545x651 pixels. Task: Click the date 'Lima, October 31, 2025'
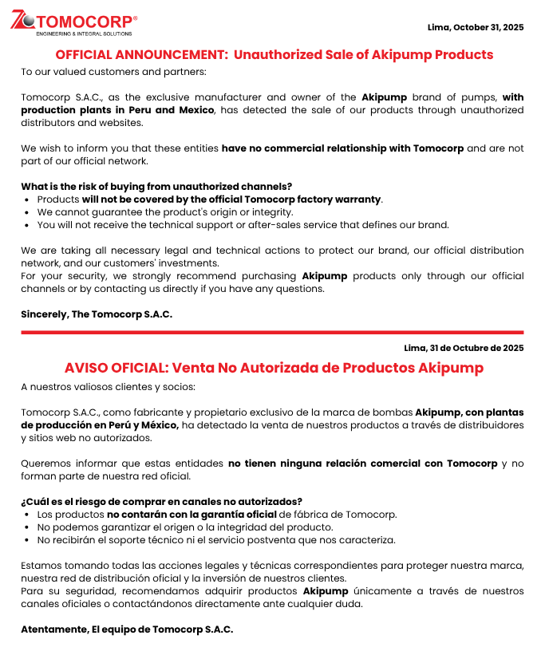point(476,27)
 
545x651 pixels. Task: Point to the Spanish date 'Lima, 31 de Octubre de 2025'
point(464,348)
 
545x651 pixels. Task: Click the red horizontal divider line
point(272,332)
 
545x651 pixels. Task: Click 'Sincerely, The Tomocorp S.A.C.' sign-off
point(97,314)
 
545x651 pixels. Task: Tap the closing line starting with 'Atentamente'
point(127,629)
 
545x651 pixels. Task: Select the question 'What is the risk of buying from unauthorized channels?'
point(156,187)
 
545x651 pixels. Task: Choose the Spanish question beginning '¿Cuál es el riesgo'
point(161,502)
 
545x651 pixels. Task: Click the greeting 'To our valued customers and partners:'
point(113,72)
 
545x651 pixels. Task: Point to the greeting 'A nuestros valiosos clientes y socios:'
point(108,387)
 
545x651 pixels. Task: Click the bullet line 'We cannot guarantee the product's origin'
point(165,212)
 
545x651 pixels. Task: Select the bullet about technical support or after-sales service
point(243,225)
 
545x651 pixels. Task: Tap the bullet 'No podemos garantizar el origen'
point(185,527)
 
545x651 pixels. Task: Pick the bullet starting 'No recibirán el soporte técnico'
point(216,540)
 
